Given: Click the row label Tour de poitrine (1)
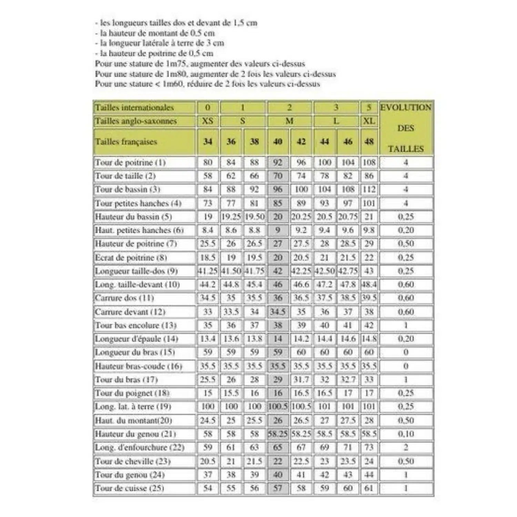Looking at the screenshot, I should pos(130,162).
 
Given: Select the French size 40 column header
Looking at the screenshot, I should pos(278,142).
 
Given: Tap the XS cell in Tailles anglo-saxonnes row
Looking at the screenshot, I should pos(207,121).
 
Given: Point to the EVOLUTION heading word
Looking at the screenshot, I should pos(406,108).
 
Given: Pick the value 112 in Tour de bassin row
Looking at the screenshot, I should pos(369,190).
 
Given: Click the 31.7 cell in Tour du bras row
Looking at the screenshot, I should pos(301,380).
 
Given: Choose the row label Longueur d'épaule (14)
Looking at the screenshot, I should pos(136,339).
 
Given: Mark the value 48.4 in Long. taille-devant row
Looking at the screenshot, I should pos(369,285).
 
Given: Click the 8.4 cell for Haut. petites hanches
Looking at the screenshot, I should pos(207,230).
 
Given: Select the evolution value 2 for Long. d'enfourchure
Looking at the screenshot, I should pos(406,447).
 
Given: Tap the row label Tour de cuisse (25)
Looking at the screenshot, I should pos(130,488).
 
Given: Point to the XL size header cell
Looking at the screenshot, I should pos(369,121).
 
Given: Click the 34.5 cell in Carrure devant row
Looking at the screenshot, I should pos(278,312).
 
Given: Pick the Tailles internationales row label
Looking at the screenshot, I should pos(134,108).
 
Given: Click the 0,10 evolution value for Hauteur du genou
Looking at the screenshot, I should pos(406,434).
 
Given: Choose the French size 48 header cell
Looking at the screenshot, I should pos(369,142).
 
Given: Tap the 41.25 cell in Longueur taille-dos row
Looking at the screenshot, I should pos(207,271).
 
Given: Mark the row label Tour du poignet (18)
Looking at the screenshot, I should pos(132,393).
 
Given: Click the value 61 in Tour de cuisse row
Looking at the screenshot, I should pos(369,488).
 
